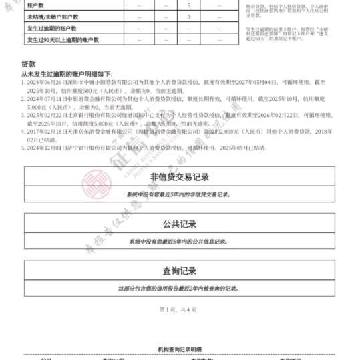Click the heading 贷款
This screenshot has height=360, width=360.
coord(28,63)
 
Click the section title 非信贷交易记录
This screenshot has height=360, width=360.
coord(179,177)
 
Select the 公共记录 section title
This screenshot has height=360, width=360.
coord(179,224)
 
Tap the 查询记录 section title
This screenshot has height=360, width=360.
coord(179,271)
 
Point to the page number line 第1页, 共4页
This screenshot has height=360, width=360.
coord(178,309)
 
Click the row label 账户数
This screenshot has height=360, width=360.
coord(35,5)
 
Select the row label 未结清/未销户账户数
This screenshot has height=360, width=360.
coord(49,17)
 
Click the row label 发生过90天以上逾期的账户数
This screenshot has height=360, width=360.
coord(62,40)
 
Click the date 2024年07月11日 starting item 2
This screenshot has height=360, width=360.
coord(48,98)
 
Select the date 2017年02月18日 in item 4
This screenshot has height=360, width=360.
coord(48,132)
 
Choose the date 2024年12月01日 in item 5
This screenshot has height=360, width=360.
coord(48,148)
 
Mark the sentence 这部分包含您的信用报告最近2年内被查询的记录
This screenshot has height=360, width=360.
coord(179,289)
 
